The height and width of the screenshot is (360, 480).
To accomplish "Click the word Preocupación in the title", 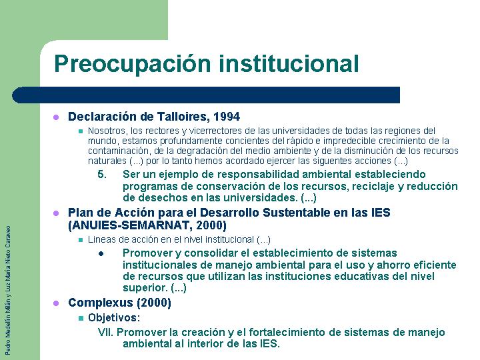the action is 133,64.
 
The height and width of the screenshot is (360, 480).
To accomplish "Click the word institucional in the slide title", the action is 289,63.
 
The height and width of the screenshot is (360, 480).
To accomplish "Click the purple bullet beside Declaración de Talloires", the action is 56,117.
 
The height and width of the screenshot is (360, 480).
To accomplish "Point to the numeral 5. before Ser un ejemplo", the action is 102,175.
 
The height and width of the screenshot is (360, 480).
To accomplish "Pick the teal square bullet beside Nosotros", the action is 81,131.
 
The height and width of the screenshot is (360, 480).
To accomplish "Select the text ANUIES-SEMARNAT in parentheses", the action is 129,225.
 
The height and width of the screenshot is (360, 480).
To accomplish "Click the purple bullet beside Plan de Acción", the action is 56,213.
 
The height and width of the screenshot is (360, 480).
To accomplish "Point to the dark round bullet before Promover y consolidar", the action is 101,254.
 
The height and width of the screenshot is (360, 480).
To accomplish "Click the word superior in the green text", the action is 145,288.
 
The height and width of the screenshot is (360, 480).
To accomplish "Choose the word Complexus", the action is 101,303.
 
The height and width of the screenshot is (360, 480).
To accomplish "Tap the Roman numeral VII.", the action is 105,332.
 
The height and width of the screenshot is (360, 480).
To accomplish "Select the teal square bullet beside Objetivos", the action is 81,319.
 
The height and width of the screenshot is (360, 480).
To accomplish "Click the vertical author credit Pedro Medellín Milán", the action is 8,325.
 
